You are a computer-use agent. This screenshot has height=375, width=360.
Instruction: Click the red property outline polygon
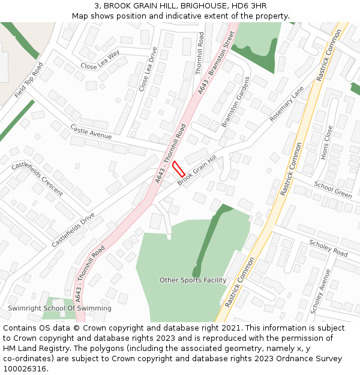(x=179, y=168)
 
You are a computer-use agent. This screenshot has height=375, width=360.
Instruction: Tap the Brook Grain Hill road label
(x=196, y=171)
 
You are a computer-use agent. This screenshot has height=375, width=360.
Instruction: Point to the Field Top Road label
(x=29, y=81)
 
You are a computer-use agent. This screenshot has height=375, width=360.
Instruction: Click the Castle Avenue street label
(x=91, y=132)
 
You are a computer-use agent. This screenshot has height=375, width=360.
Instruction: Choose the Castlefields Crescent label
(x=37, y=179)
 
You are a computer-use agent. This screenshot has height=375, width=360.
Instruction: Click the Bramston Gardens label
(x=235, y=101)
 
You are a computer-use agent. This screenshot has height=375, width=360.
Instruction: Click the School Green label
(x=333, y=190)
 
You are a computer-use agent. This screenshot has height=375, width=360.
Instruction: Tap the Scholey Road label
(x=328, y=248)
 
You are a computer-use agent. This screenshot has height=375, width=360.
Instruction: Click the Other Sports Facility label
(x=193, y=280)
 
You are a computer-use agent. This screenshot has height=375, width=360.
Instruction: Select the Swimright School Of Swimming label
(x=59, y=308)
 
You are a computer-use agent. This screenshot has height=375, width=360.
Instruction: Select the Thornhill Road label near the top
(x=200, y=53)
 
